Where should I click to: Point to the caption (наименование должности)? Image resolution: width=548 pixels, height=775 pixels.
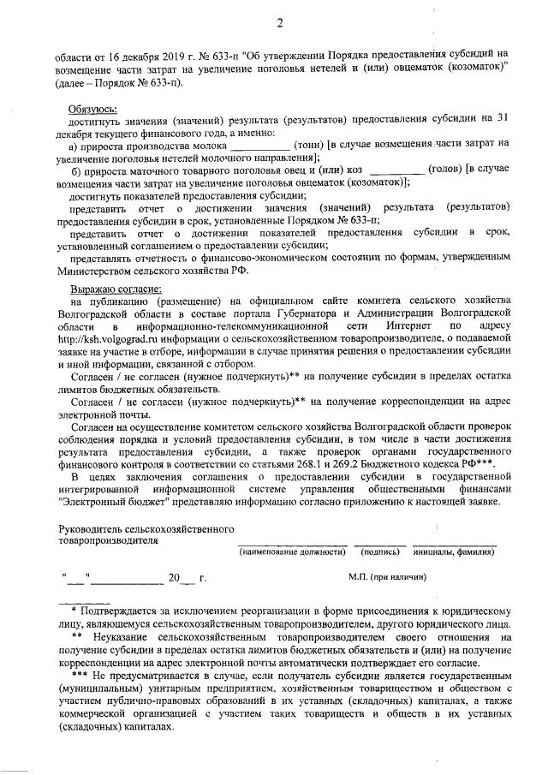coord(291,552)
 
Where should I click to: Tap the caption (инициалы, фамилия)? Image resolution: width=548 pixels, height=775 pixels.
coord(454,552)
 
